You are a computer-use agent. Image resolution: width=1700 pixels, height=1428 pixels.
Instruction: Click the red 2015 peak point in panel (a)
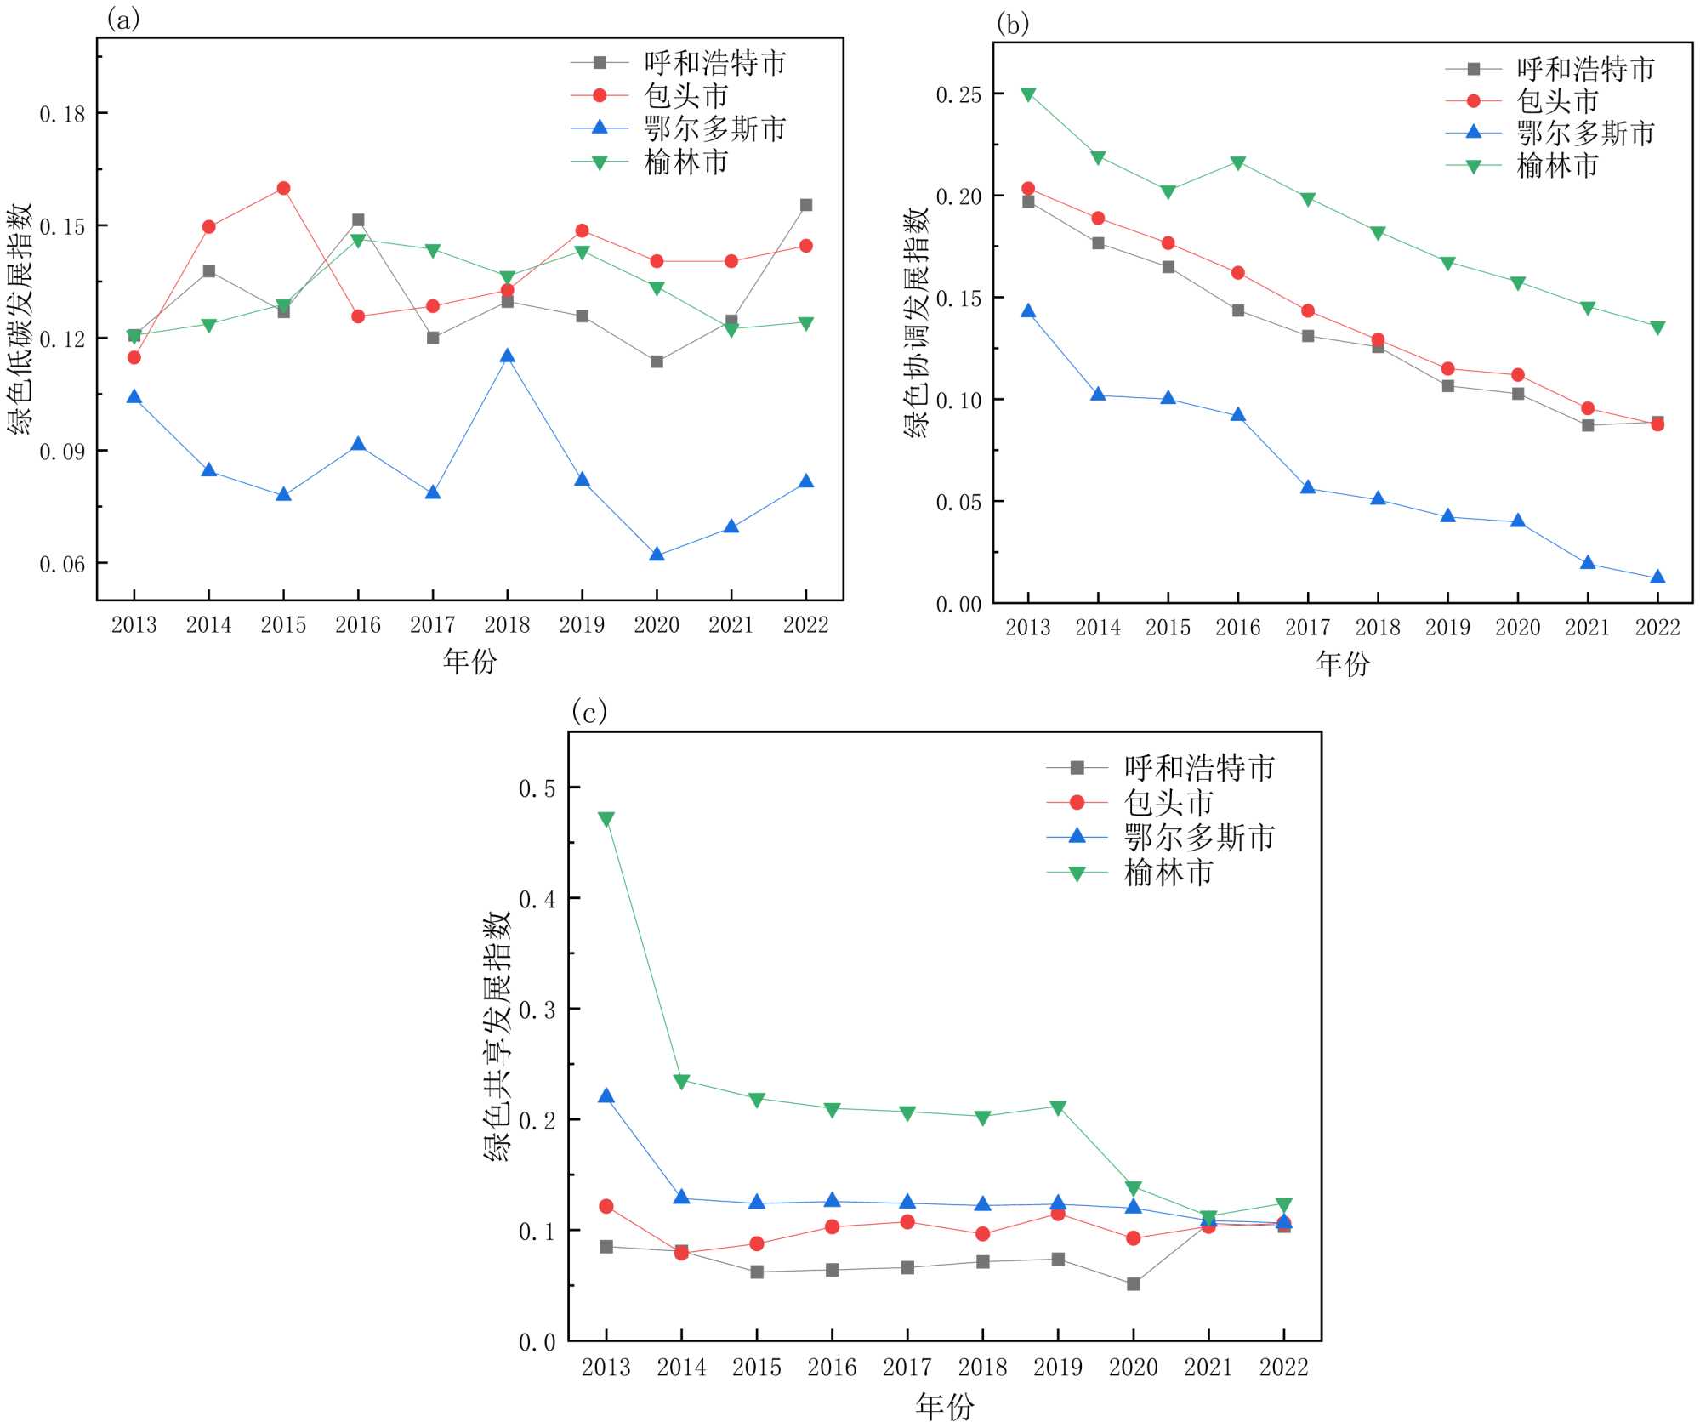click(x=283, y=188)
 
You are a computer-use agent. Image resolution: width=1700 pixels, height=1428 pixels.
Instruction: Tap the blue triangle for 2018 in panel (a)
click(x=508, y=356)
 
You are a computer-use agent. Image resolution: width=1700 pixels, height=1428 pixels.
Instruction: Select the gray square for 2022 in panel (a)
click(x=806, y=205)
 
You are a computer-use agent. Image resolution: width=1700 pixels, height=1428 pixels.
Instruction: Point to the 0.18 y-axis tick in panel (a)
click(x=63, y=114)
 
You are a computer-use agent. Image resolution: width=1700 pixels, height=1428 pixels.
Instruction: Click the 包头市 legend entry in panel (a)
click(x=685, y=95)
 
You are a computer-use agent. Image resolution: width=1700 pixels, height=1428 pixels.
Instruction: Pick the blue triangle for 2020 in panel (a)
click(x=657, y=555)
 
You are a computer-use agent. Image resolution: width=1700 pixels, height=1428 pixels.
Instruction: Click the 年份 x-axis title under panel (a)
click(x=469, y=661)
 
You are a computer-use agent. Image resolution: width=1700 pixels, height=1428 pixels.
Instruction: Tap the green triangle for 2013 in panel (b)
click(x=1028, y=94)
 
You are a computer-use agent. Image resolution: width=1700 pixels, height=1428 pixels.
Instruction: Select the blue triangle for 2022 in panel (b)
click(x=1657, y=577)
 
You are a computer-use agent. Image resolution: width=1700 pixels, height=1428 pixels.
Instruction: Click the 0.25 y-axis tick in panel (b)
click(x=958, y=94)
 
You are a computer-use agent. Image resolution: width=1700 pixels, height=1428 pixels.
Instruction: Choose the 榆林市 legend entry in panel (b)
click(x=1557, y=166)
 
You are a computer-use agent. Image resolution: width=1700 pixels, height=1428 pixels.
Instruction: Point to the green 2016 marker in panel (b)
click(x=1238, y=163)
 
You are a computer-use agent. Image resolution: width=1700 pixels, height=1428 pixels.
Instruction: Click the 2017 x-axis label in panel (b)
click(x=1308, y=628)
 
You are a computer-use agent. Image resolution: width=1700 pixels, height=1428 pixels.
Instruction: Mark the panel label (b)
click(x=1012, y=25)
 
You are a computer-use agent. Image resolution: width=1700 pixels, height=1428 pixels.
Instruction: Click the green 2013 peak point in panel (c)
click(x=606, y=819)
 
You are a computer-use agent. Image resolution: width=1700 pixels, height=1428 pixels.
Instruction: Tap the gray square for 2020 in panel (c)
click(x=1134, y=1284)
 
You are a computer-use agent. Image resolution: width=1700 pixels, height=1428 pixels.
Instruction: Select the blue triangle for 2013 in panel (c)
click(x=606, y=1096)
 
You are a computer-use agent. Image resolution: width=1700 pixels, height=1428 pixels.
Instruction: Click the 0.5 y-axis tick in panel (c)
click(x=537, y=788)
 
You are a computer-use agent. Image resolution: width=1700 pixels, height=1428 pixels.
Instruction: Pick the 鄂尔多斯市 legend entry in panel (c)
click(x=1199, y=838)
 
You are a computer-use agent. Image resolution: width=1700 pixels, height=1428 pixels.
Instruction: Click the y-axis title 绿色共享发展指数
click(x=497, y=1037)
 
